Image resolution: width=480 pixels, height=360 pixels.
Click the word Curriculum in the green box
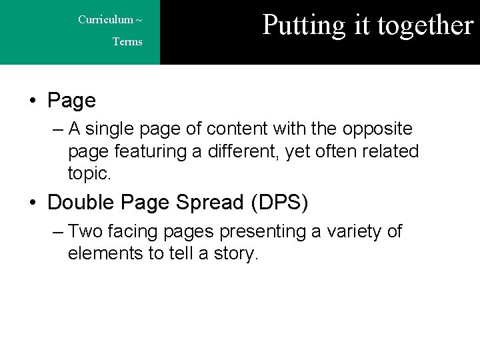105,19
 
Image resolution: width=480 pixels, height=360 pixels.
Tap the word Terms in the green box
127,42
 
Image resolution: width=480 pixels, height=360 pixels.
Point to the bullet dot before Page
32,101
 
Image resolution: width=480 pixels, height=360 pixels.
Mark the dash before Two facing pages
57,231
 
